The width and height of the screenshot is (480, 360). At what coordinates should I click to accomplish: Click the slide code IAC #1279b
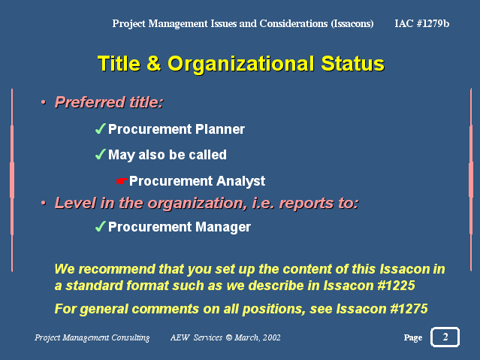(x=422, y=23)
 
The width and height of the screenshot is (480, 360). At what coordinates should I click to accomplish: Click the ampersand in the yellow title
(x=154, y=63)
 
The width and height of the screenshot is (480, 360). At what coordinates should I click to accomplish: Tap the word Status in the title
(x=352, y=63)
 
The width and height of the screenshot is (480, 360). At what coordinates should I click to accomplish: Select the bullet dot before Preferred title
(x=44, y=102)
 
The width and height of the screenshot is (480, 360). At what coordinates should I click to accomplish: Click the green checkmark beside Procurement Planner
(x=101, y=129)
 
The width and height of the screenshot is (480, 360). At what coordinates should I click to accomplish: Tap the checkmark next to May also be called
(x=101, y=154)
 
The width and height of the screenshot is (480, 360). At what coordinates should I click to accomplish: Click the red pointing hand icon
(x=121, y=181)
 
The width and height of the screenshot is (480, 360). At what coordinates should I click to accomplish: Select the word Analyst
(x=240, y=181)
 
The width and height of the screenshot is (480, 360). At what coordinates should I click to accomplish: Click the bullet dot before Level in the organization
(x=44, y=203)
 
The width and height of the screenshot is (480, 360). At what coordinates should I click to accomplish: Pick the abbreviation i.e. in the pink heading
(x=263, y=203)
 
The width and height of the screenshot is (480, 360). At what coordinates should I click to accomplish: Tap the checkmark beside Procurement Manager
(x=101, y=227)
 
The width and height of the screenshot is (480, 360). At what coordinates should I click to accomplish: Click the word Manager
(x=223, y=227)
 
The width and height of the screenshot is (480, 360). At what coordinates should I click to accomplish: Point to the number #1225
(x=396, y=286)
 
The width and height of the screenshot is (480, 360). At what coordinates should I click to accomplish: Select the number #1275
(x=409, y=309)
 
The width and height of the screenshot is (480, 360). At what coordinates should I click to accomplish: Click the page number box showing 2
(x=445, y=337)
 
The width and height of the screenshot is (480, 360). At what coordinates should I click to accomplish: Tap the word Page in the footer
(x=413, y=337)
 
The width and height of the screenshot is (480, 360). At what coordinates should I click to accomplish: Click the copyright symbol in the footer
(x=229, y=337)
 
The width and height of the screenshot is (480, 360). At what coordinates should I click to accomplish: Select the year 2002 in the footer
(x=271, y=337)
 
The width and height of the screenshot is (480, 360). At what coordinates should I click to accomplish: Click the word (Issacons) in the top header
(x=352, y=23)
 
